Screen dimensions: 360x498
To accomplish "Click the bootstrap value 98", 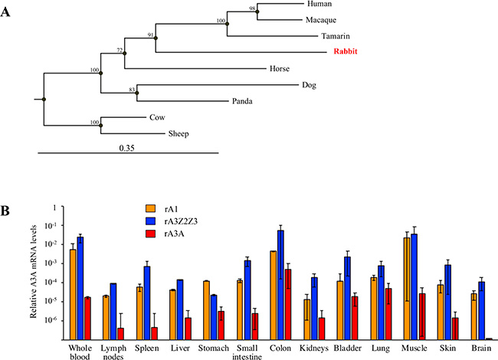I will point(252,8).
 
